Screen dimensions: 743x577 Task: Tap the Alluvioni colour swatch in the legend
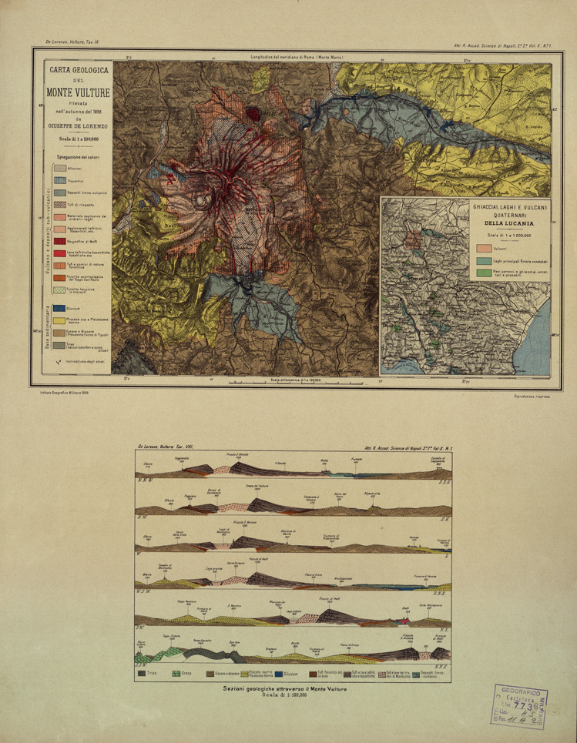tap(58, 169)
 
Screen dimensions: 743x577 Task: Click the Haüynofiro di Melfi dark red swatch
tap(58, 241)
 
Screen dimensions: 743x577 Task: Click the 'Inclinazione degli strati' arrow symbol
tap(59, 362)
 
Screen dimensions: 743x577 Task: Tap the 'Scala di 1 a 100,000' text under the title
tap(79, 139)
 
